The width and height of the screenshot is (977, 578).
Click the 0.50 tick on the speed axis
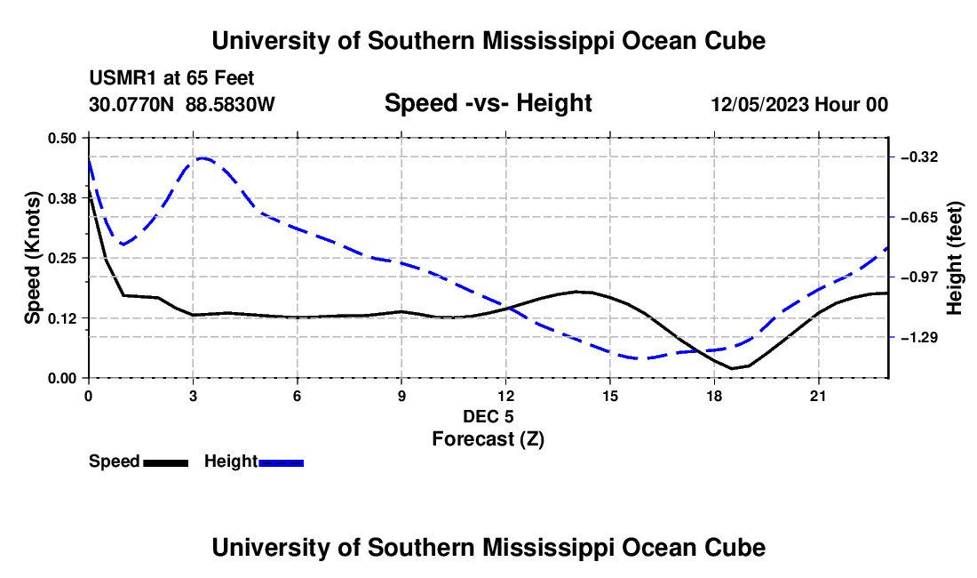point(62,138)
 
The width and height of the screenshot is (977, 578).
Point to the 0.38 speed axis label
point(62,198)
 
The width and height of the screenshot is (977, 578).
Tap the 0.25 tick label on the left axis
point(62,258)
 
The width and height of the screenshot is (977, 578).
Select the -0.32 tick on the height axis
point(919,157)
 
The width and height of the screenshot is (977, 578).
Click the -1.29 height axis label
point(919,338)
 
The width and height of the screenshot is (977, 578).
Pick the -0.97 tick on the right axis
point(919,277)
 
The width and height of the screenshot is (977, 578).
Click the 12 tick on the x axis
point(506,396)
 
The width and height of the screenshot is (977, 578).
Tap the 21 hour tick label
point(818,396)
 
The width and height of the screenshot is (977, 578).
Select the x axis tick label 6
point(298,396)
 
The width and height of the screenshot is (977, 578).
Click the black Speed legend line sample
point(166,462)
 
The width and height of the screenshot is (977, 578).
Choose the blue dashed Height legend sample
point(281,462)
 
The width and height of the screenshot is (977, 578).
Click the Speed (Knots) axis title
point(32,258)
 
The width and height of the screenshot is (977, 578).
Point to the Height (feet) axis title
point(954,258)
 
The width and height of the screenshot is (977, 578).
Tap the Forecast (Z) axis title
point(488,439)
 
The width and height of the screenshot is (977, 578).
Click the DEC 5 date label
point(488,416)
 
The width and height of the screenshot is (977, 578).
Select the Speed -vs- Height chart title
point(488,103)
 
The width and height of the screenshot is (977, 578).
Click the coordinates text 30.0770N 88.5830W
point(182,104)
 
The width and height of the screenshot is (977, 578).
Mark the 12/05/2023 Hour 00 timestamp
point(799,104)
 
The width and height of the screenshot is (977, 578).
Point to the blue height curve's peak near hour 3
point(203,158)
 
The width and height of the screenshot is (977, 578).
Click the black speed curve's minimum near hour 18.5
point(733,368)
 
